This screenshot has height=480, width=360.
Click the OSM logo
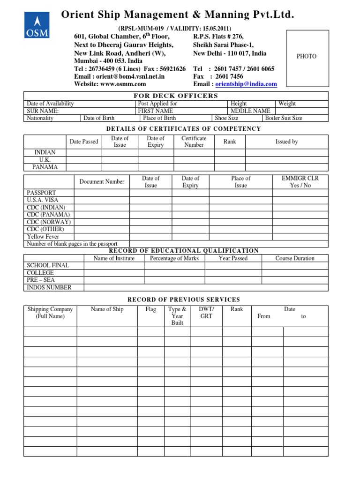click(37, 25)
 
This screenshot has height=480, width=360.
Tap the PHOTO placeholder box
click(307, 57)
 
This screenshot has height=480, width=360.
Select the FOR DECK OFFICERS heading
click(176, 96)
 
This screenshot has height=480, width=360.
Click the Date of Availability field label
click(50, 104)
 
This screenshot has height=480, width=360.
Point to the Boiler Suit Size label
click(284, 118)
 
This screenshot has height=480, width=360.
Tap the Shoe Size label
click(226, 118)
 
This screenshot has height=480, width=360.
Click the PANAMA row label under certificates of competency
click(45, 167)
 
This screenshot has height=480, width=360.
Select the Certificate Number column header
click(194, 142)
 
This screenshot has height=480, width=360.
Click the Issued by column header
click(286, 142)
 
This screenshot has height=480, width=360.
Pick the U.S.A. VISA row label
click(43, 200)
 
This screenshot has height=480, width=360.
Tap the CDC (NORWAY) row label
click(49, 222)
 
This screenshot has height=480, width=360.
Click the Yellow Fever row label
click(43, 237)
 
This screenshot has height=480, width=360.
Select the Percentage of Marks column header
click(174, 258)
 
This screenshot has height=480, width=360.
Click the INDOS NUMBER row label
click(49, 287)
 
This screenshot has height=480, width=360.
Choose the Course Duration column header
click(295, 258)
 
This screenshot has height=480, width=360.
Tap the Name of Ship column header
click(107, 309)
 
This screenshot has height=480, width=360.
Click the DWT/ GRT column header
click(206, 313)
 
